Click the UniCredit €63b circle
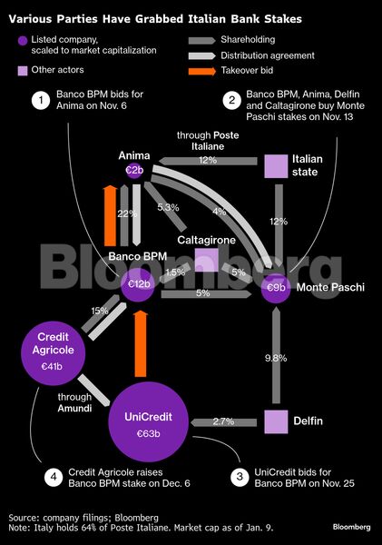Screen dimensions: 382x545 click(x=148, y=422)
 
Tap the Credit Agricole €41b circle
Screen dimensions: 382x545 click(x=54, y=353)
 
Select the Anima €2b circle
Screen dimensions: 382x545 click(x=134, y=171)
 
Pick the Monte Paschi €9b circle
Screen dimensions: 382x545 click(x=276, y=288)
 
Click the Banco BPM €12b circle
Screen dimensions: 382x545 click(x=138, y=284)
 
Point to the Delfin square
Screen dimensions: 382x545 click(x=276, y=422)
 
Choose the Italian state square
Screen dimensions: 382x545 click(x=276, y=166)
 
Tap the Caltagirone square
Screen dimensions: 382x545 click(x=207, y=260)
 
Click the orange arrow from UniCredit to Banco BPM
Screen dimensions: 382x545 click(x=141, y=343)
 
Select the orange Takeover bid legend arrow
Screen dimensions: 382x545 click(x=202, y=71)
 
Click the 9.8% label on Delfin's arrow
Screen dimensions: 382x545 click(x=276, y=358)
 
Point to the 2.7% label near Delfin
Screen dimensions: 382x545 click(x=223, y=421)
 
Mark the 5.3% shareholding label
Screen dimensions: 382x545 click(x=168, y=207)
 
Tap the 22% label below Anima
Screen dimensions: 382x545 click(x=127, y=213)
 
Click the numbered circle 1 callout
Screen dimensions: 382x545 click(x=41, y=100)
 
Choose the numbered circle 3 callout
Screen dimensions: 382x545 click(x=240, y=477)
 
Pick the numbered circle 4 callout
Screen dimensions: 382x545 click(x=54, y=477)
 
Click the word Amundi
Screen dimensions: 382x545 click(x=74, y=408)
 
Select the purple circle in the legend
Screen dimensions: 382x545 click(x=23, y=41)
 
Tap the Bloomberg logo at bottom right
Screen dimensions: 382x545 click(x=351, y=527)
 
